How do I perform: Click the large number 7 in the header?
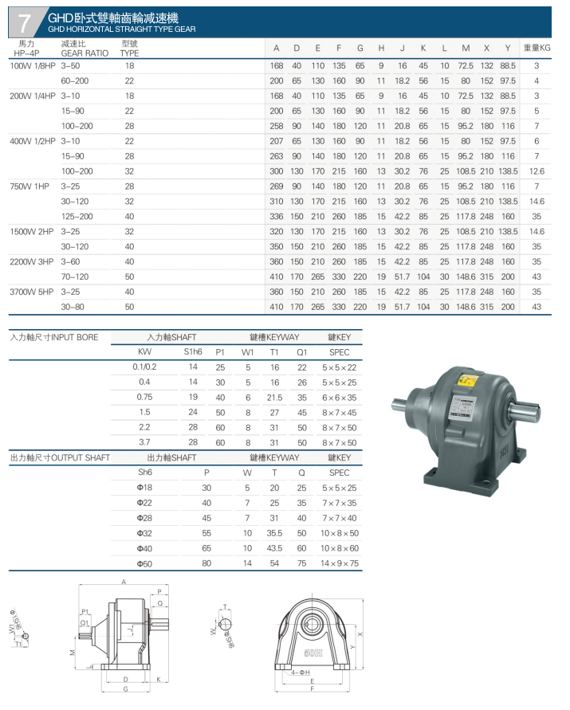coord(23,22)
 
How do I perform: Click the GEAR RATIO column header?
coord(85,53)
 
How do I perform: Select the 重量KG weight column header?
coord(537,48)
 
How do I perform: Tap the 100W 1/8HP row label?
coord(33,65)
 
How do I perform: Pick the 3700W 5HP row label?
coord(32,292)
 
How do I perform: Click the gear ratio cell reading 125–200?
coord(77,217)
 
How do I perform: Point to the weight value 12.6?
coord(537,171)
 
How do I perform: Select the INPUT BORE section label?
coord(54,337)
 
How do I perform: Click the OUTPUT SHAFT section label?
coord(60,457)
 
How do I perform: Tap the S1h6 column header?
coord(193,352)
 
